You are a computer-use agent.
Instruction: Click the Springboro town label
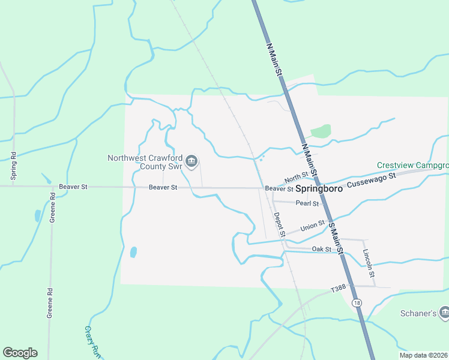point(319,188)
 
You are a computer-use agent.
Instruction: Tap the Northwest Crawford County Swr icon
point(191,161)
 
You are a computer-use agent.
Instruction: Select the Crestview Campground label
point(413,165)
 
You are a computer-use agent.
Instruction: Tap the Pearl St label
point(307,203)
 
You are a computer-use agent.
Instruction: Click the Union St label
point(312,226)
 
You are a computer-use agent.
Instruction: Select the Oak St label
point(322,249)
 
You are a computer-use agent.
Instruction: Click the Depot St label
point(278,224)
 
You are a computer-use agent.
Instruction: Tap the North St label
point(296,177)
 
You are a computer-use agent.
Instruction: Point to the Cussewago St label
point(372,178)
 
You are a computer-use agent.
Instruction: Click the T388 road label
point(339,289)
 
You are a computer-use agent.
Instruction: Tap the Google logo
point(20,353)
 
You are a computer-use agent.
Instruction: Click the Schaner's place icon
point(444,312)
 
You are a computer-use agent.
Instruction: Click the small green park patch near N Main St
point(321,131)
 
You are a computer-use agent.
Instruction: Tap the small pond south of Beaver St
point(133,252)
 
